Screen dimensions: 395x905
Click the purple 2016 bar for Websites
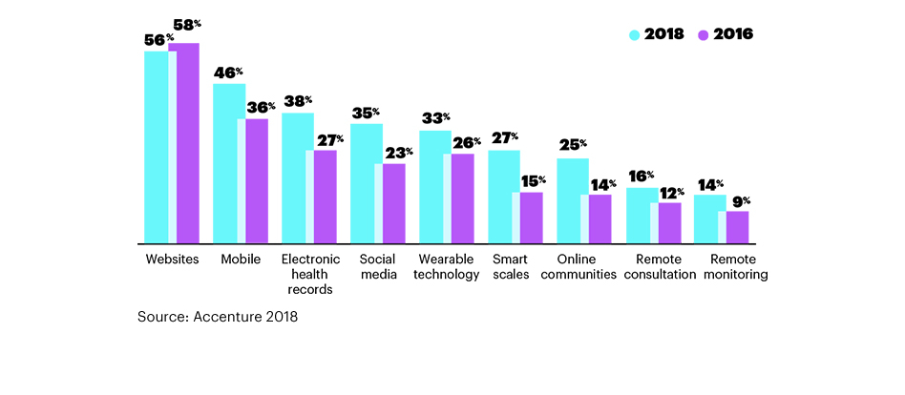pyautogui.click(x=184, y=143)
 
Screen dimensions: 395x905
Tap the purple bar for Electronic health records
pyautogui.click(x=325, y=197)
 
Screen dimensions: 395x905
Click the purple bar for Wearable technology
pyautogui.click(x=462, y=198)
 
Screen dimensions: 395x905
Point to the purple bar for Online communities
pyautogui.click(x=600, y=218)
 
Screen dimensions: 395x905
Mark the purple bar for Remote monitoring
pyautogui.click(x=737, y=227)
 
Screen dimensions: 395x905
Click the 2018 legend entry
pyautogui.click(x=658, y=34)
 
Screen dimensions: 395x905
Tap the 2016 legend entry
pyautogui.click(x=726, y=34)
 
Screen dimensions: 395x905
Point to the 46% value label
pyautogui.click(x=228, y=73)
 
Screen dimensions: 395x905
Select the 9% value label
pyautogui.click(x=741, y=201)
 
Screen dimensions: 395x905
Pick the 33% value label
pyautogui.click(x=436, y=119)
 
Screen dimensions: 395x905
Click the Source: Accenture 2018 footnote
pyautogui.click(x=218, y=317)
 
